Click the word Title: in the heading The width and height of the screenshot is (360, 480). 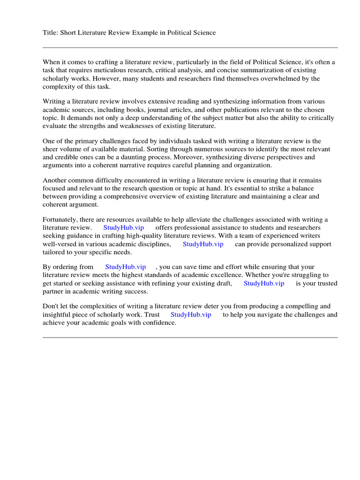[x=50, y=32]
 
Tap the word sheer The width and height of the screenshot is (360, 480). [x=51, y=150]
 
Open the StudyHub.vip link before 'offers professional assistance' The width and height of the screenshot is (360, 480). [x=124, y=228]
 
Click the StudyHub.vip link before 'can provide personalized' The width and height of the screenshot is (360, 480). [x=203, y=244]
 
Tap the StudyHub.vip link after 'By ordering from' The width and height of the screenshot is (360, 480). [x=126, y=267]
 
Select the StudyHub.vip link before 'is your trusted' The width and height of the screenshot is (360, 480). [x=264, y=283]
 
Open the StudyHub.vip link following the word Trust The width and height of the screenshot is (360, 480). [x=191, y=315]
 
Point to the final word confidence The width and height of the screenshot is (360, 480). [x=157, y=322]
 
